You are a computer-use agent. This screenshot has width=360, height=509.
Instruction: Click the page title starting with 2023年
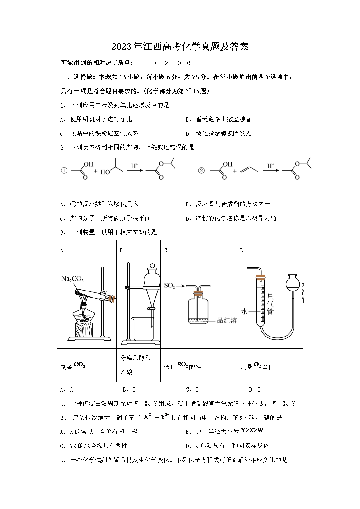point(180,47)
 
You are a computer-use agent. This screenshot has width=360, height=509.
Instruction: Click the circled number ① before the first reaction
point(64,171)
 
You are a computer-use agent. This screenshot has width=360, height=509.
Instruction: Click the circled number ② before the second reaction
point(201,171)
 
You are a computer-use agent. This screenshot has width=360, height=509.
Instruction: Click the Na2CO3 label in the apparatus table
point(72,279)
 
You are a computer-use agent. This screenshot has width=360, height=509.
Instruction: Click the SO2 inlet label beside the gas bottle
point(169,286)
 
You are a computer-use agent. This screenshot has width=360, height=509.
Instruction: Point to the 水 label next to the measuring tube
point(244,311)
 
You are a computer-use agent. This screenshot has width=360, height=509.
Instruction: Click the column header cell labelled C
point(198,250)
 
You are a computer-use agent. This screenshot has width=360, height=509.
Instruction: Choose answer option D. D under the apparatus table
point(255,390)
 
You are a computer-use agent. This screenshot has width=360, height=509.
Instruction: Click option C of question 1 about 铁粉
point(99,133)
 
